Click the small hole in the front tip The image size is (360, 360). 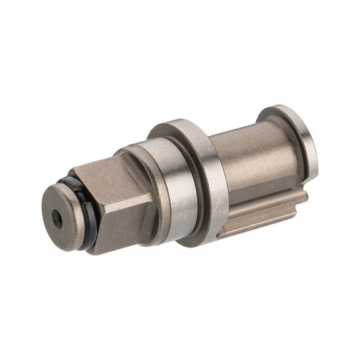(57, 218)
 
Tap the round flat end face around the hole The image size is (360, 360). (64, 206)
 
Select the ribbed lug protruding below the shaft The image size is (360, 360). (262, 216)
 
